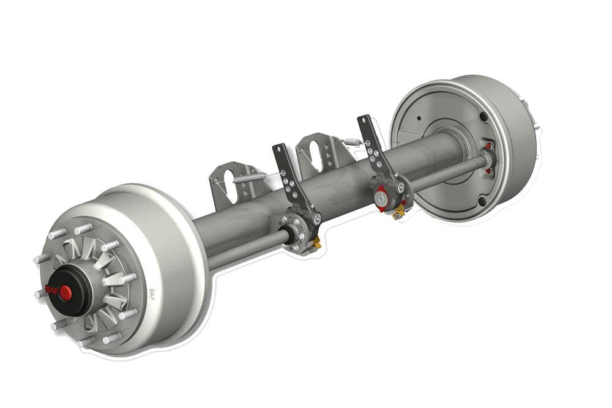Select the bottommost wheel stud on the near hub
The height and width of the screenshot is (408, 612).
pos(88,342)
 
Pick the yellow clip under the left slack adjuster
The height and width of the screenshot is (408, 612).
pos(316,244)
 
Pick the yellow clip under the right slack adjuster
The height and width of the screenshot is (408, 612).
pos(400,211)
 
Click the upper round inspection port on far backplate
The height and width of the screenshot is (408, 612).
pos(484,116)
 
